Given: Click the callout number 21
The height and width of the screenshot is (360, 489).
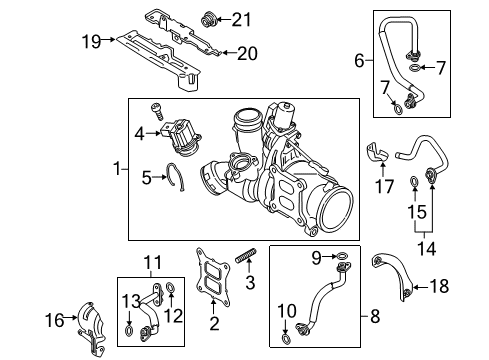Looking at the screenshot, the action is click(241, 19).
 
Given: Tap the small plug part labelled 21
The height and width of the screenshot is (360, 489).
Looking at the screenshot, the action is click(209, 19).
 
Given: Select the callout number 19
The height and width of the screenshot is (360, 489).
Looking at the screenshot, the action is click(91, 42).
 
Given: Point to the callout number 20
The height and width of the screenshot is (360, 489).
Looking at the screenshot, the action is click(247, 53).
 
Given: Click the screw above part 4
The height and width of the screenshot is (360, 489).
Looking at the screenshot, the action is click(157, 112).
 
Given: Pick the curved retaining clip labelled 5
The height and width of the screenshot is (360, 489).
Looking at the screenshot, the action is click(176, 177).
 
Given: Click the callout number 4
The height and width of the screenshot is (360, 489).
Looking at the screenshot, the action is click(140, 134).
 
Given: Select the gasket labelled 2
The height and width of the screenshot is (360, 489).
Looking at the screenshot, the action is click(213, 278).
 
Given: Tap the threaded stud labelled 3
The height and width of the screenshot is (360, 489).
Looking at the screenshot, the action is click(246, 256).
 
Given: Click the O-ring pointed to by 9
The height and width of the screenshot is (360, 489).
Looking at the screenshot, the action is click(342, 256).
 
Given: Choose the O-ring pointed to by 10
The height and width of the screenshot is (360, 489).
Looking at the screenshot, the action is click(286, 339).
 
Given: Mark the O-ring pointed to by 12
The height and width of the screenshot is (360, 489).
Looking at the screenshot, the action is click(170, 286).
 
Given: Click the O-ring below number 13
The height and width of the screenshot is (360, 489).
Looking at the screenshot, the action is click(129, 331).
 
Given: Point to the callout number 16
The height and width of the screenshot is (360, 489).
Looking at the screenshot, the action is click(54, 320).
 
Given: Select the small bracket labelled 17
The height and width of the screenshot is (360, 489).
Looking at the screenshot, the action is click(378, 153).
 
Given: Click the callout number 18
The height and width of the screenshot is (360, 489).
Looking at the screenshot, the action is click(439, 286).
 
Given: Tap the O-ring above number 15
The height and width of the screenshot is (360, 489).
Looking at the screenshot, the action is click(414, 181).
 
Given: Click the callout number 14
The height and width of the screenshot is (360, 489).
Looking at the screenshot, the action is click(426, 248).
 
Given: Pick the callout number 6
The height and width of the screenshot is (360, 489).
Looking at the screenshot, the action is click(359, 61).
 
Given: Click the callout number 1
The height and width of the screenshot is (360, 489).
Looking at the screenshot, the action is click(116, 169).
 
